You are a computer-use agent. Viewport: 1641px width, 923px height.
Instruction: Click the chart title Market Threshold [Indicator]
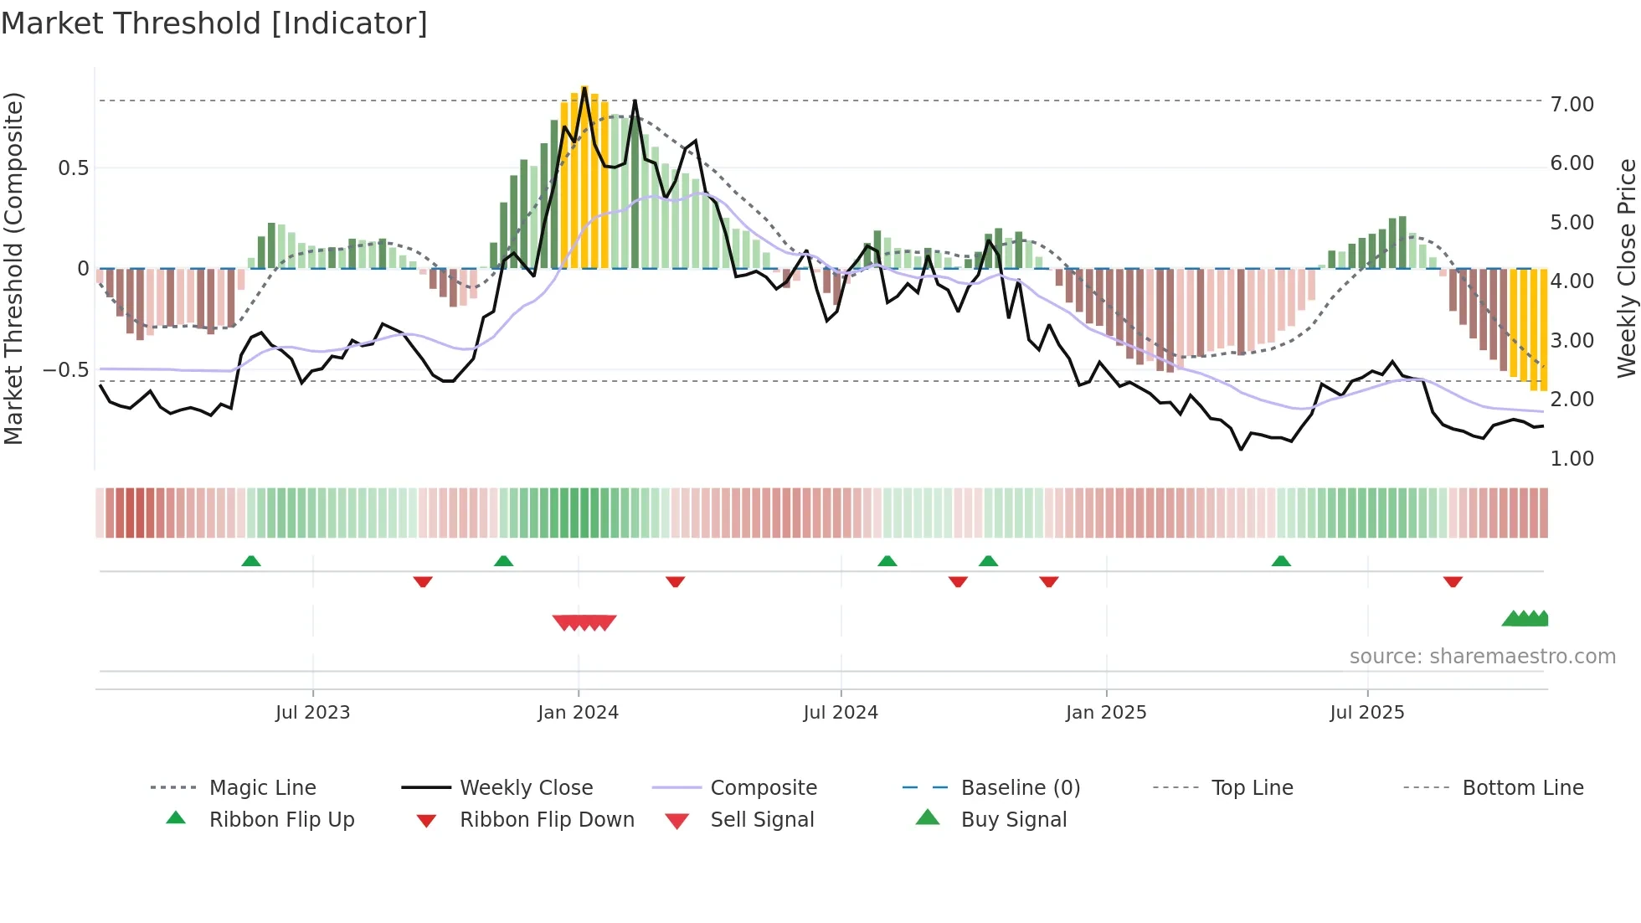[214, 23]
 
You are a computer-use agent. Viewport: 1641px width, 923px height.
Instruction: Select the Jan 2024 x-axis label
[578, 713]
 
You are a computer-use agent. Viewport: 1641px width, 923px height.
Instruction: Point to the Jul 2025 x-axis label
[1366, 713]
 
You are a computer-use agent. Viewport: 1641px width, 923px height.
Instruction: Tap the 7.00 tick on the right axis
[1572, 105]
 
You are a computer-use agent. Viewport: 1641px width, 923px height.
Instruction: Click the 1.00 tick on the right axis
[1572, 459]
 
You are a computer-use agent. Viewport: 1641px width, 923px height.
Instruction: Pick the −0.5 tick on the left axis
[66, 370]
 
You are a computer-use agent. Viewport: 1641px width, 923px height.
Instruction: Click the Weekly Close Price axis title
[1626, 268]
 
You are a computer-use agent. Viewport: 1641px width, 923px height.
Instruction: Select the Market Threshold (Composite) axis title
[13, 268]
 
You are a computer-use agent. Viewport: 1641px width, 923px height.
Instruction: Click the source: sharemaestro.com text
[1482, 657]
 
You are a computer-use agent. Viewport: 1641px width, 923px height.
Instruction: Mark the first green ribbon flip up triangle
[251, 561]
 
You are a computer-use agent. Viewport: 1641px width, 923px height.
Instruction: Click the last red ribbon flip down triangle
[1453, 581]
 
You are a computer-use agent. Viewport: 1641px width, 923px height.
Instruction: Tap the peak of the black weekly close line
[584, 88]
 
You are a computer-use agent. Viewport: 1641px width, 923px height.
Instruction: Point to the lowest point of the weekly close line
[1241, 450]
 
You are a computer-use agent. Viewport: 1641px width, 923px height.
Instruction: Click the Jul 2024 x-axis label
[841, 713]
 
